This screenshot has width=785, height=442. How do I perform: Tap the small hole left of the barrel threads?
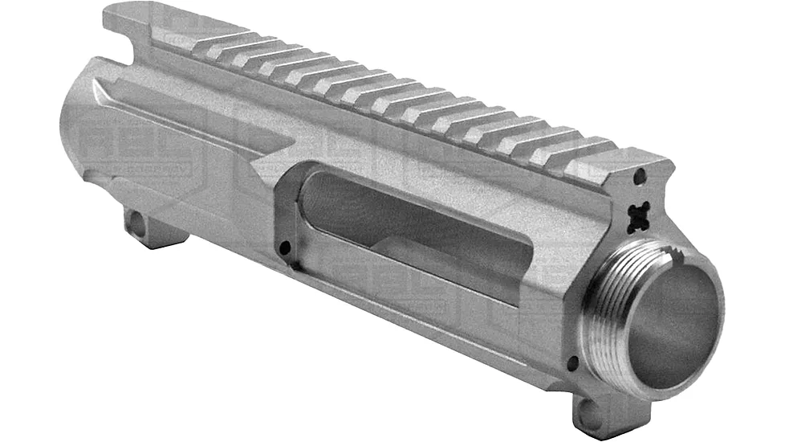click(x=571, y=364)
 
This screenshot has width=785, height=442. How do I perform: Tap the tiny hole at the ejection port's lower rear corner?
click(x=284, y=248)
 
